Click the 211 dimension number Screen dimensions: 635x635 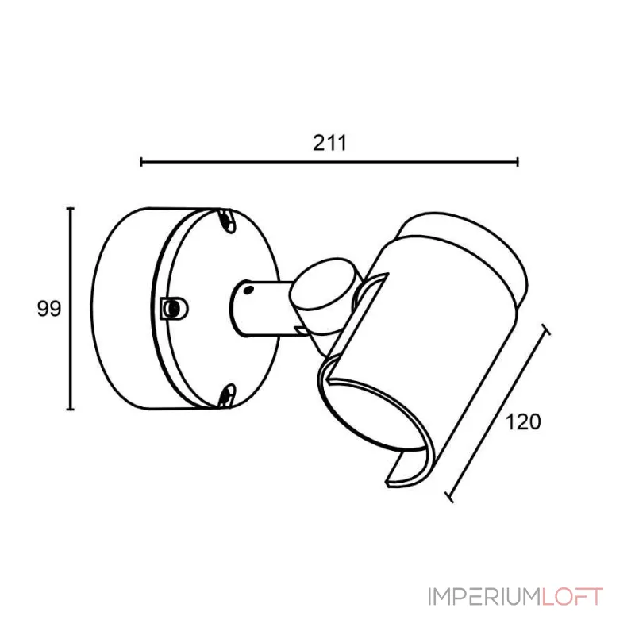[x=329, y=143]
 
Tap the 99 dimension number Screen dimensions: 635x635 [x=49, y=309]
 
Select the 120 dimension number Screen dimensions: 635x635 [x=523, y=422]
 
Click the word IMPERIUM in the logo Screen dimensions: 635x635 [x=484, y=597]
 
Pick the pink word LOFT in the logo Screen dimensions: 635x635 [x=572, y=597]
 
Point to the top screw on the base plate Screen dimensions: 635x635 [x=226, y=221]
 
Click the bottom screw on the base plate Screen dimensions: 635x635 [x=226, y=394]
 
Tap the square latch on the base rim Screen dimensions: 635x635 [x=174, y=309]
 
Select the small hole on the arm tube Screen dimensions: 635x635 [x=248, y=290]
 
